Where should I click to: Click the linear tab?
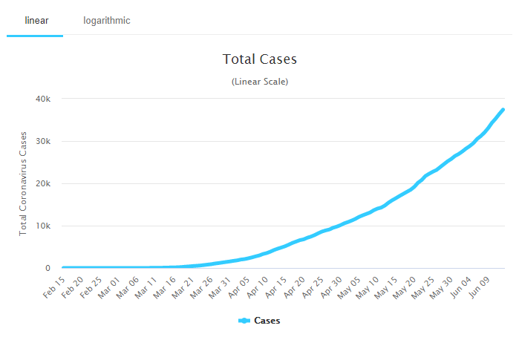tap(36, 20)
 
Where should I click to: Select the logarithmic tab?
tap(106, 20)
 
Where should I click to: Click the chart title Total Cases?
tap(259, 59)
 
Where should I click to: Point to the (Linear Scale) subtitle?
tap(259, 81)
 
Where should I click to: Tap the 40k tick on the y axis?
tap(43, 99)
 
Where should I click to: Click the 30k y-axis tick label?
tap(43, 141)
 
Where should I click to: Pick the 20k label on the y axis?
tap(43, 183)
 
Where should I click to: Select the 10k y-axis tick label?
tap(43, 226)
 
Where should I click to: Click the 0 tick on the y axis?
tap(48, 268)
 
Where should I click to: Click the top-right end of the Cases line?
tap(503, 110)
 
